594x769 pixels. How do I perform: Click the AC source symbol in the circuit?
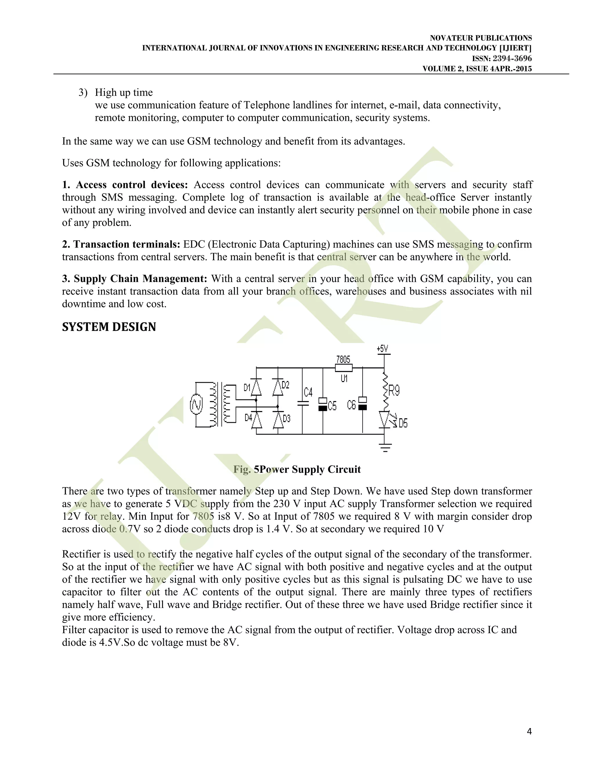click(x=196, y=405)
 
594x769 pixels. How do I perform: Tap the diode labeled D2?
click(x=278, y=387)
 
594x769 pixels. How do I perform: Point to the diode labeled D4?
click(x=256, y=420)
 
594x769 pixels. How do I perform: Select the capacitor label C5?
click(x=332, y=406)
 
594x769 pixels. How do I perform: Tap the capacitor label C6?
click(x=351, y=405)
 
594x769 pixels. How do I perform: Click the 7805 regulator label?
click(x=343, y=360)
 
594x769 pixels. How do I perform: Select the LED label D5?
click(x=403, y=423)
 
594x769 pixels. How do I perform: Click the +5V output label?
click(x=383, y=349)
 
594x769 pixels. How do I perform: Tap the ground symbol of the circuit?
click(x=385, y=447)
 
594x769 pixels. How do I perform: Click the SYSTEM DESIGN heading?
click(x=109, y=327)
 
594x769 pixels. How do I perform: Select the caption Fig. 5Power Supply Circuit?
click(x=297, y=469)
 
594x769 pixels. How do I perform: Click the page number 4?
click(x=529, y=731)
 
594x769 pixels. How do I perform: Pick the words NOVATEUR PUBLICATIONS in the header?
click(x=481, y=38)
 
